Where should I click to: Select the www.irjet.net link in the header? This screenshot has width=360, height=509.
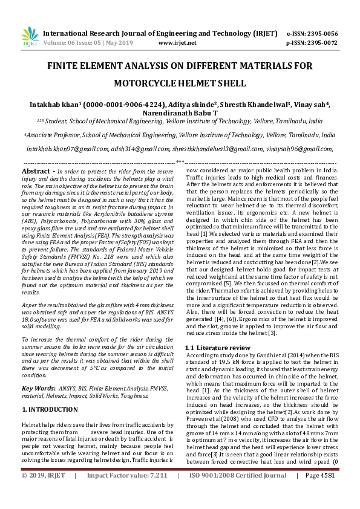point(177,43)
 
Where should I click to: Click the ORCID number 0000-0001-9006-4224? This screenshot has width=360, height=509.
point(123,104)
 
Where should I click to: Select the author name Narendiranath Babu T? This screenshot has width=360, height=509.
point(180,113)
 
